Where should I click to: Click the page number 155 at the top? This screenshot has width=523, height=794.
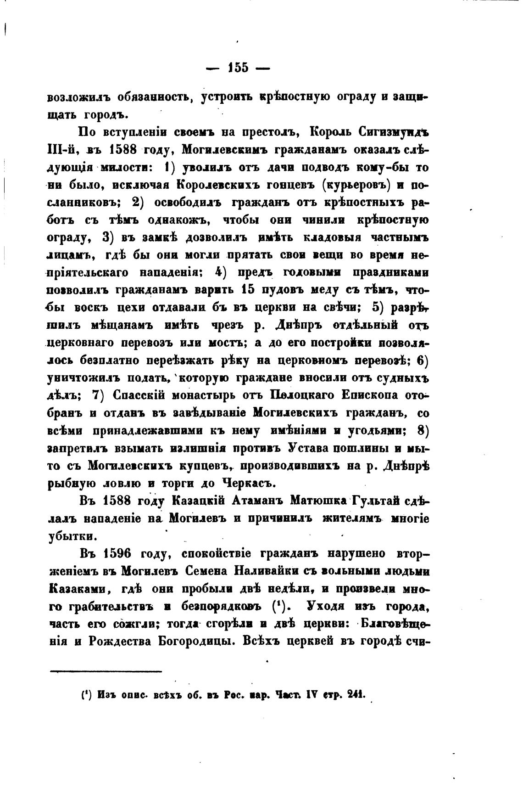click(238, 68)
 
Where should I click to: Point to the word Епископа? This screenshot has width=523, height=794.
click(378, 395)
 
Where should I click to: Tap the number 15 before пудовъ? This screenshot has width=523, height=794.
click(245, 290)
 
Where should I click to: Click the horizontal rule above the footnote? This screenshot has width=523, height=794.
click(106, 671)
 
